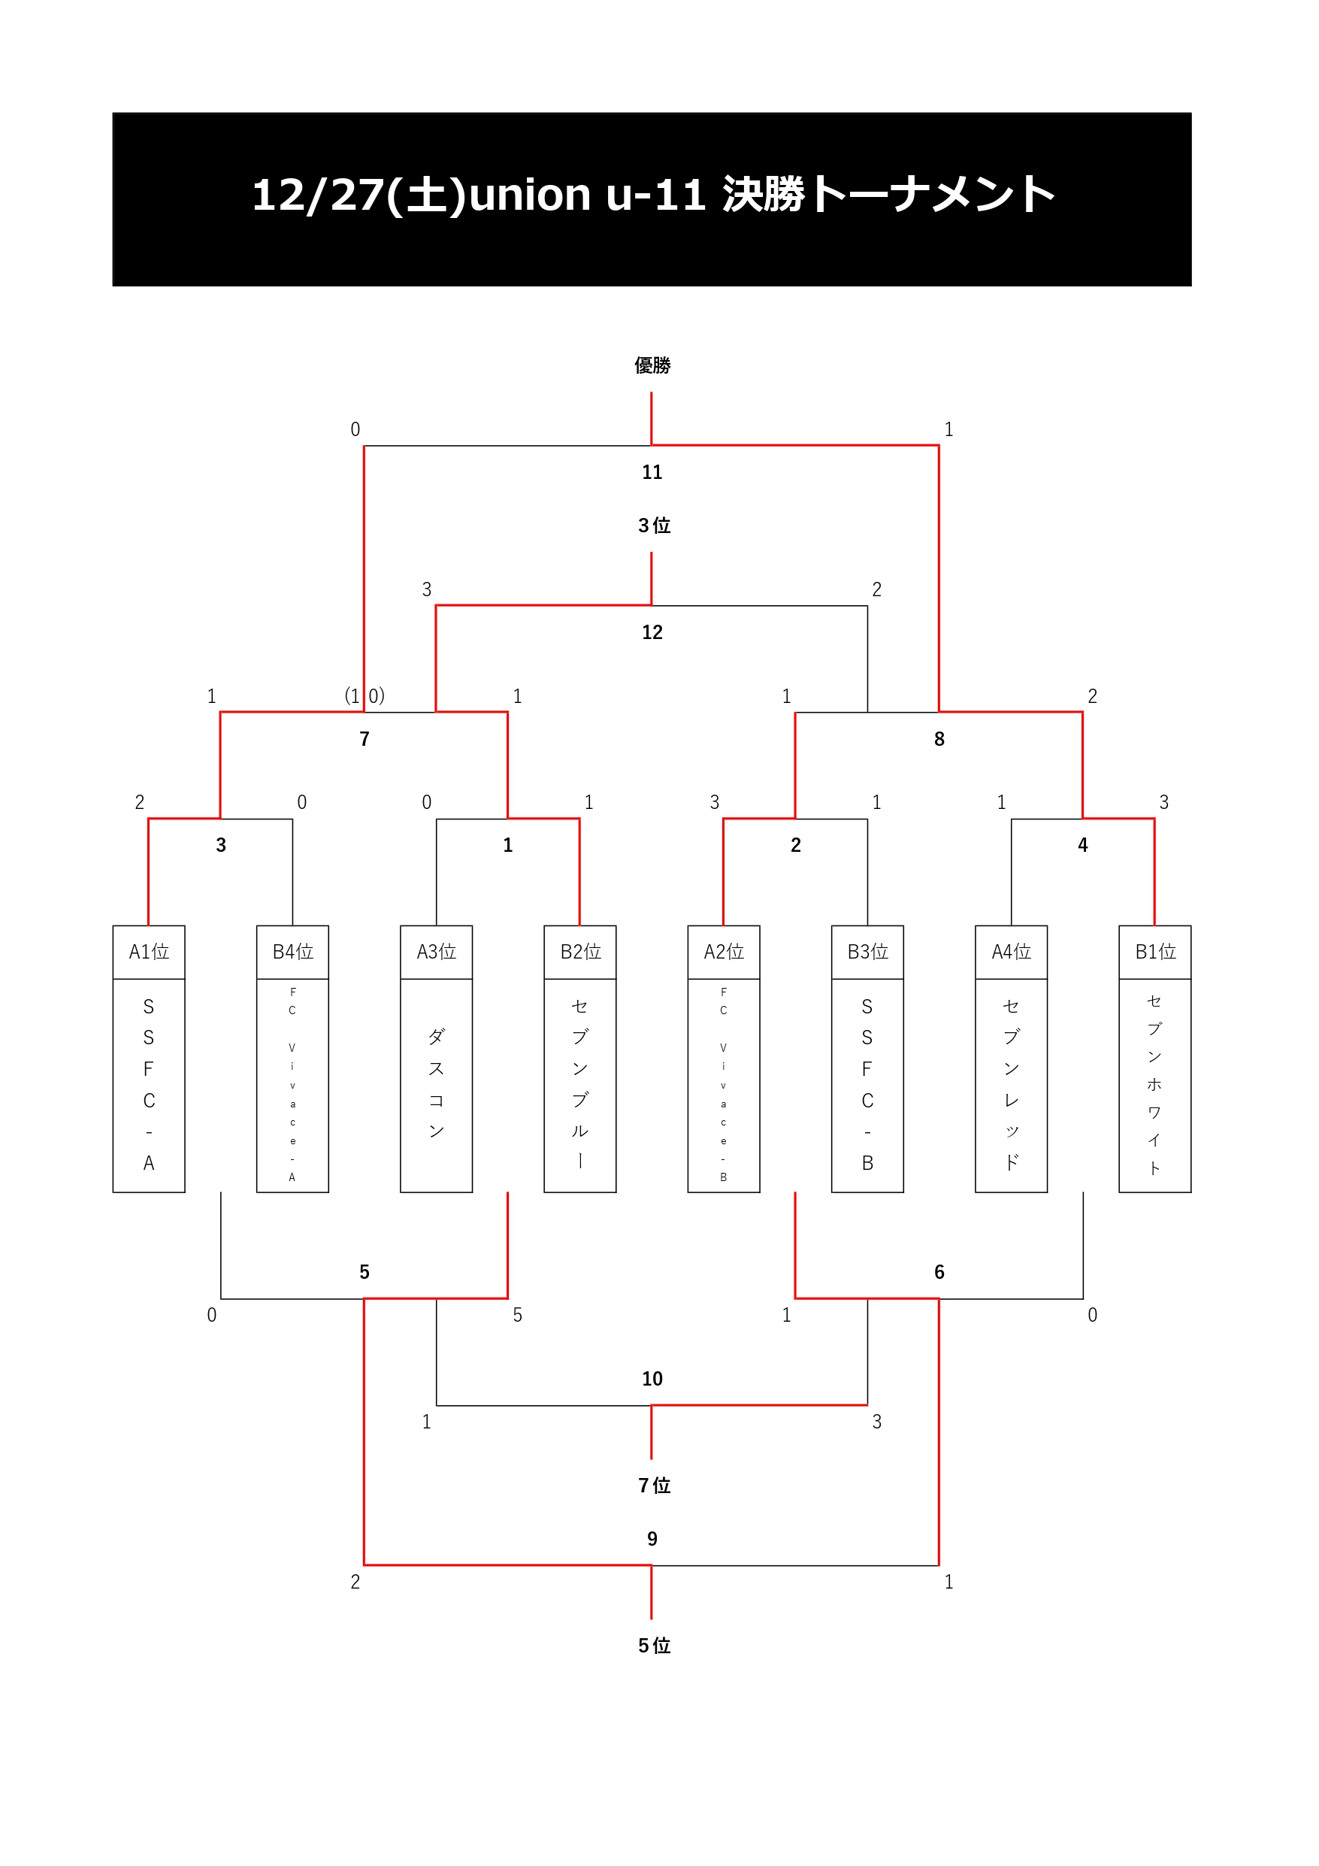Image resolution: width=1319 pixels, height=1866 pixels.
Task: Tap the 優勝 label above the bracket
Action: (x=652, y=365)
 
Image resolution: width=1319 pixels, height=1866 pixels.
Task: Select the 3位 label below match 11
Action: (x=653, y=526)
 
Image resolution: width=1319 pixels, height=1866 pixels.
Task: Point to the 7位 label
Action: (x=653, y=1486)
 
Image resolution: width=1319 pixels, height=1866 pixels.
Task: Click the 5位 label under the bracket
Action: (x=653, y=1646)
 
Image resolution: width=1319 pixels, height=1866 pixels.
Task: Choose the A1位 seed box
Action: (x=149, y=952)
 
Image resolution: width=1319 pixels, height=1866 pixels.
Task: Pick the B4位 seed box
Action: (x=292, y=952)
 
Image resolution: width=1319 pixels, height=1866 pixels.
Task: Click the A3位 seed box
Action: (x=437, y=952)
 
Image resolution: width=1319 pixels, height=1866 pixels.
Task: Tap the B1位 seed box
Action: (x=1155, y=952)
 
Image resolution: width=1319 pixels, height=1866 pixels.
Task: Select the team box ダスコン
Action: (x=437, y=1085)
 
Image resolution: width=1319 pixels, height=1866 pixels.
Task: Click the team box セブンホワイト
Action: (x=1155, y=1085)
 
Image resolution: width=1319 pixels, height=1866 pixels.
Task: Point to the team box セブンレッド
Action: (x=1011, y=1085)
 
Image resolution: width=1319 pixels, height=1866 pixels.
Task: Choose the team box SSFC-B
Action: (x=867, y=1085)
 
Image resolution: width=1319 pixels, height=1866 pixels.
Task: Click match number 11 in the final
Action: (x=652, y=472)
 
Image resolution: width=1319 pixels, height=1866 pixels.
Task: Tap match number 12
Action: (x=652, y=632)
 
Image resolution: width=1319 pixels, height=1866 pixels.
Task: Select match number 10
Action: (x=652, y=1378)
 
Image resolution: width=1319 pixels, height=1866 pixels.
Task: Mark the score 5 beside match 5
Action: (x=518, y=1315)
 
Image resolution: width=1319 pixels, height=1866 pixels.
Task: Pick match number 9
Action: (x=652, y=1538)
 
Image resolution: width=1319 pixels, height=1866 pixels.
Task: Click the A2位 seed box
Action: (x=723, y=952)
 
